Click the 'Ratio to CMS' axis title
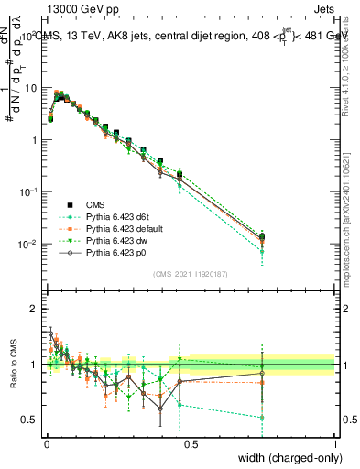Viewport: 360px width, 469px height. (x=12, y=364)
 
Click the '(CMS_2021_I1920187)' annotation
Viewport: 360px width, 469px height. (x=190, y=273)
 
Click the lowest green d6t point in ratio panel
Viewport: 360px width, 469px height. (x=263, y=418)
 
